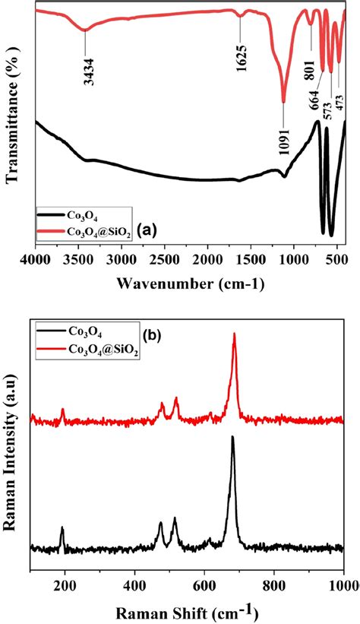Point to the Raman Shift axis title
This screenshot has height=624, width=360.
(188, 611)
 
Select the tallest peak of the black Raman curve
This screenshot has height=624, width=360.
(232, 437)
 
